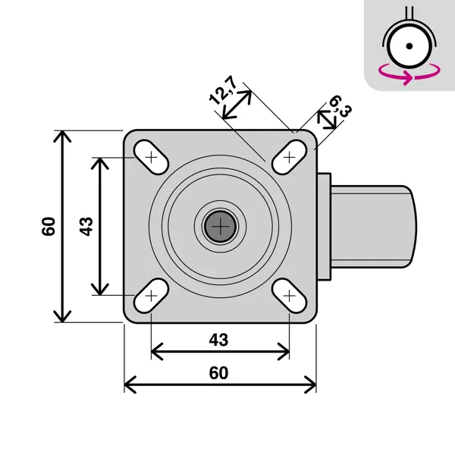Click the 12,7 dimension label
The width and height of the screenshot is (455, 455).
pyautogui.click(x=222, y=90)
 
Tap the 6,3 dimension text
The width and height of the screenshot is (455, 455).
pyautogui.click(x=340, y=105)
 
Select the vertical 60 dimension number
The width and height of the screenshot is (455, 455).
pyautogui.click(x=49, y=226)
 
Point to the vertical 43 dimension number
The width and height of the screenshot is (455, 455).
pyautogui.click(x=86, y=226)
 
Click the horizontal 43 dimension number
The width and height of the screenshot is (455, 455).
pyautogui.click(x=218, y=340)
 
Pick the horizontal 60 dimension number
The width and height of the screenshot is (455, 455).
pyautogui.click(x=218, y=373)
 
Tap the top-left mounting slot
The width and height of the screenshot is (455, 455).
pyautogui.click(x=151, y=158)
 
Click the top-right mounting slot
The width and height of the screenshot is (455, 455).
pyautogui.click(x=290, y=157)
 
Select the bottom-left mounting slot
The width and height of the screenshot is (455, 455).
pyautogui.click(x=151, y=296)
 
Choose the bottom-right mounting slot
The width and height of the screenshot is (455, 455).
pyautogui.click(x=290, y=296)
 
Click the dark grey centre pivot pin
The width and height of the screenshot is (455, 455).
pyautogui.click(x=221, y=226)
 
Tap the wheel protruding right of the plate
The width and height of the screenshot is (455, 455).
pyautogui.click(x=374, y=227)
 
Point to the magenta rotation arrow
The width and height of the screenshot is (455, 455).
pyautogui.click(x=409, y=75)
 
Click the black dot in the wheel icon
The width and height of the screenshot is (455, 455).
pyautogui.click(x=409, y=45)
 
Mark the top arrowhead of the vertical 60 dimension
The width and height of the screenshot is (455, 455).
pyautogui.click(x=62, y=136)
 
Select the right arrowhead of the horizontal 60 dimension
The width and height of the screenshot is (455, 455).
pyautogui.click(x=310, y=384)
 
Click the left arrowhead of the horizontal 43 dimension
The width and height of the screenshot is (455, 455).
pyautogui.click(x=157, y=352)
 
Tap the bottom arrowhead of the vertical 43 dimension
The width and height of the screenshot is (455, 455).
pyautogui.click(x=100, y=290)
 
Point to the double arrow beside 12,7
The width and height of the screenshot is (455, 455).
pyautogui.click(x=237, y=105)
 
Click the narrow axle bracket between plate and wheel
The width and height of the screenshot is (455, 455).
pyautogui.click(x=324, y=227)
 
